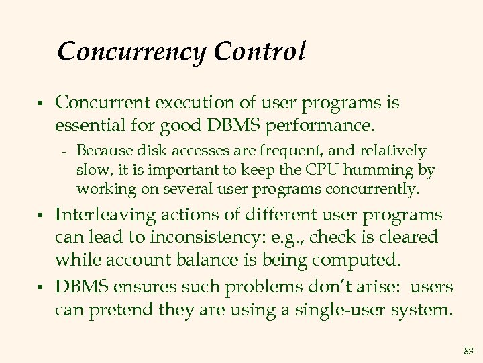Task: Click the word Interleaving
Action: (107, 215)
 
